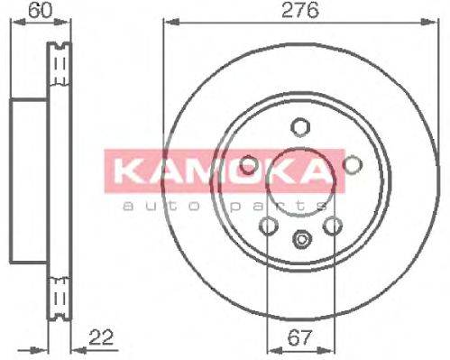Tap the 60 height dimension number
click(37, 11)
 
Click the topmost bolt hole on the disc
click(301, 126)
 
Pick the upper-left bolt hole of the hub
click(249, 164)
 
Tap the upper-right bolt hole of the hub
click(353, 163)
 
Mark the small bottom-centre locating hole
click(301, 240)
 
